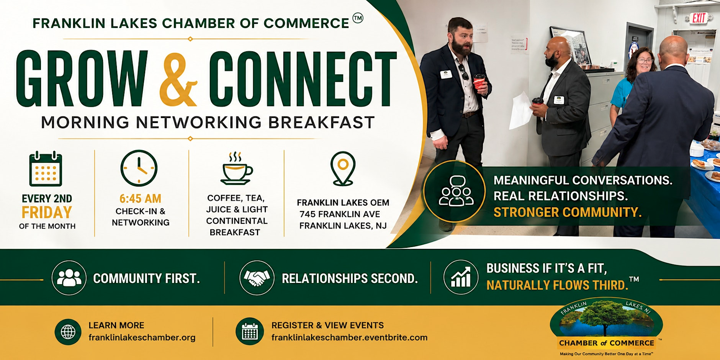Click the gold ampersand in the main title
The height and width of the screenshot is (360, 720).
(178, 79)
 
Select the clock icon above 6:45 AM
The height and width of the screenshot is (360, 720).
(139, 168)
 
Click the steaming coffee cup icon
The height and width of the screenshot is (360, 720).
(236, 169)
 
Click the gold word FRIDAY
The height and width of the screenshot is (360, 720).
(47, 212)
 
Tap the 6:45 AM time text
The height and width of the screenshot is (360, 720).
(140, 199)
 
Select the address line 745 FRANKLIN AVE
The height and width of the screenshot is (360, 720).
(340, 214)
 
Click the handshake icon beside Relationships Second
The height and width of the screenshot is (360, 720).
(257, 278)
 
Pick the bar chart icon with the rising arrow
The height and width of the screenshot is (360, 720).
(461, 277)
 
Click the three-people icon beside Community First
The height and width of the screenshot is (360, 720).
(69, 278)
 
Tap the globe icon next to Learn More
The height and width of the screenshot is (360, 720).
(68, 332)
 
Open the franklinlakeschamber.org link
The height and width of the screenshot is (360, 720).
(142, 337)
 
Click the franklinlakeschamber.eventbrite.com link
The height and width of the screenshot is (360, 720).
(349, 337)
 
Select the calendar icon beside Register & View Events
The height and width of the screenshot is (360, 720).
(250, 332)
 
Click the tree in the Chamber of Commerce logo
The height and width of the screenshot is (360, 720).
(605, 316)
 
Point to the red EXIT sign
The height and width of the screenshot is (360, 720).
(699, 18)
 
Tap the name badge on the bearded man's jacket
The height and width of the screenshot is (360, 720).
(445, 74)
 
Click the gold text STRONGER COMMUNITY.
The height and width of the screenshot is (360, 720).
(567, 212)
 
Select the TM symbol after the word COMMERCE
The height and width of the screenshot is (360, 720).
(358, 18)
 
